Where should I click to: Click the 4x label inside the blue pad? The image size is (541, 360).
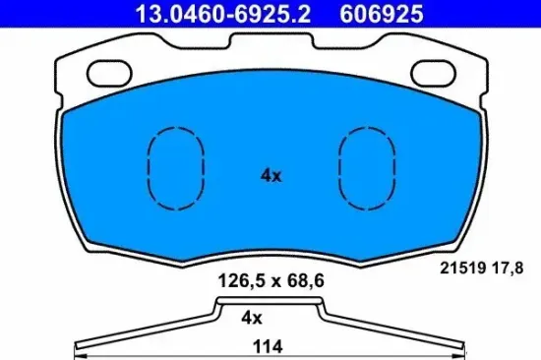pyautogui.click(x=270, y=176)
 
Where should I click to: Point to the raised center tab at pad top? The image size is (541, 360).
pyautogui.click(x=270, y=40)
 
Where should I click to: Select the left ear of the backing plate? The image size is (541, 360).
pyautogui.click(x=74, y=74)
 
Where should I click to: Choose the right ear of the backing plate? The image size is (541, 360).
pyautogui.click(x=467, y=74)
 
